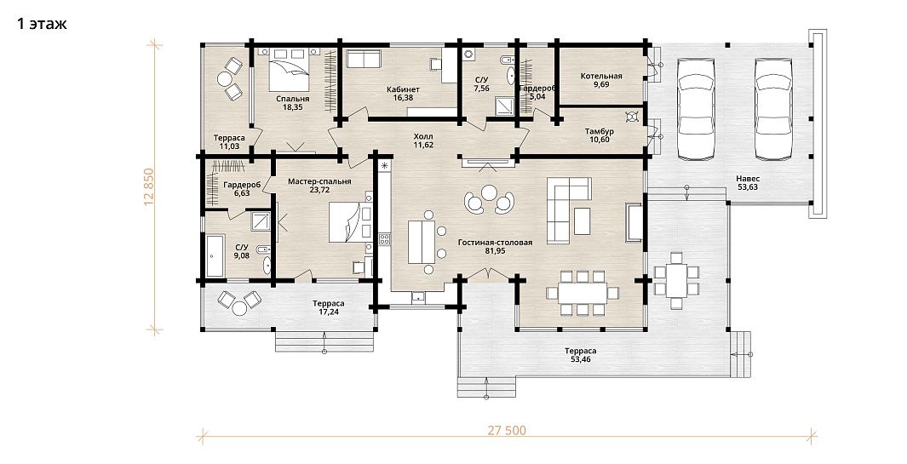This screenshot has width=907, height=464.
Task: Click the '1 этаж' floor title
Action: [42, 24]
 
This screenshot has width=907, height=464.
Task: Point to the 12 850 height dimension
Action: [149, 186]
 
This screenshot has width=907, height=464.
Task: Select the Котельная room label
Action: [601, 77]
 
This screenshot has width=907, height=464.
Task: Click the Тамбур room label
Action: [600, 131]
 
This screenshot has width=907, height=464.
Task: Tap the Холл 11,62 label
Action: [423, 140]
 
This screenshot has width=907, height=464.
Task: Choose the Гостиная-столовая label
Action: [495, 243]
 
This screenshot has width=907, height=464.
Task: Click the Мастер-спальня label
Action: [319, 181]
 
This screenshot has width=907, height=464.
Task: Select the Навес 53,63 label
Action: [748, 183]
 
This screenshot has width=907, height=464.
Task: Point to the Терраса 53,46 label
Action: [580, 355]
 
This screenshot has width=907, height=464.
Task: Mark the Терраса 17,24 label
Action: [328, 308]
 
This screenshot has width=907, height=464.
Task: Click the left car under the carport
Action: [696, 108]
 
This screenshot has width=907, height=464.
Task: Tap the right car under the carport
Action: [773, 108]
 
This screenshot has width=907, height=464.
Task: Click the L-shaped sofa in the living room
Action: [569, 209]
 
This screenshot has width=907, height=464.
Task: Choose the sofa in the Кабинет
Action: [363, 59]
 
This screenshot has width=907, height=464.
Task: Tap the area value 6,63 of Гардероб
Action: [242, 193]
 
